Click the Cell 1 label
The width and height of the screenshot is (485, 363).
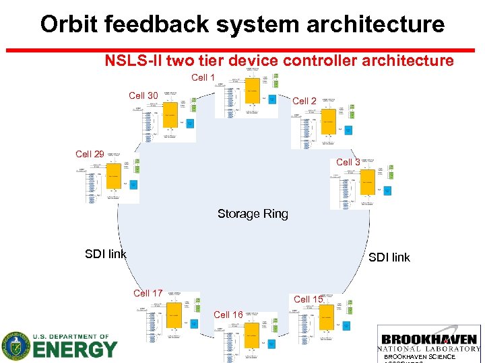tap(203, 78)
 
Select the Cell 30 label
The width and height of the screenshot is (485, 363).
tap(143, 96)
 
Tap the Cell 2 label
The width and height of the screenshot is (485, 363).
tap(304, 101)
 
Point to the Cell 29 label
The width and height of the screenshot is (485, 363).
tap(90, 155)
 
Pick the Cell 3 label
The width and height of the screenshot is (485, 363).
tap(348, 162)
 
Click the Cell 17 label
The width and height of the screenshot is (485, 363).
tap(148, 293)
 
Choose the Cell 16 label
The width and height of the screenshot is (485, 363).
tap(228, 315)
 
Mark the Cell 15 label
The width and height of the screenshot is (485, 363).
tap(308, 299)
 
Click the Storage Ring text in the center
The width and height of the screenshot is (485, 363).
tap(253, 214)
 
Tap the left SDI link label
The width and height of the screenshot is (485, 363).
tap(106, 254)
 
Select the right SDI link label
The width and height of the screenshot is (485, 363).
tap(389, 257)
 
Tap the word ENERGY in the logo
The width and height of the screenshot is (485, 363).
tap(74, 350)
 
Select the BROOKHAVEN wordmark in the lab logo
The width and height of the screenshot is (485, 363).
tap(429, 339)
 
